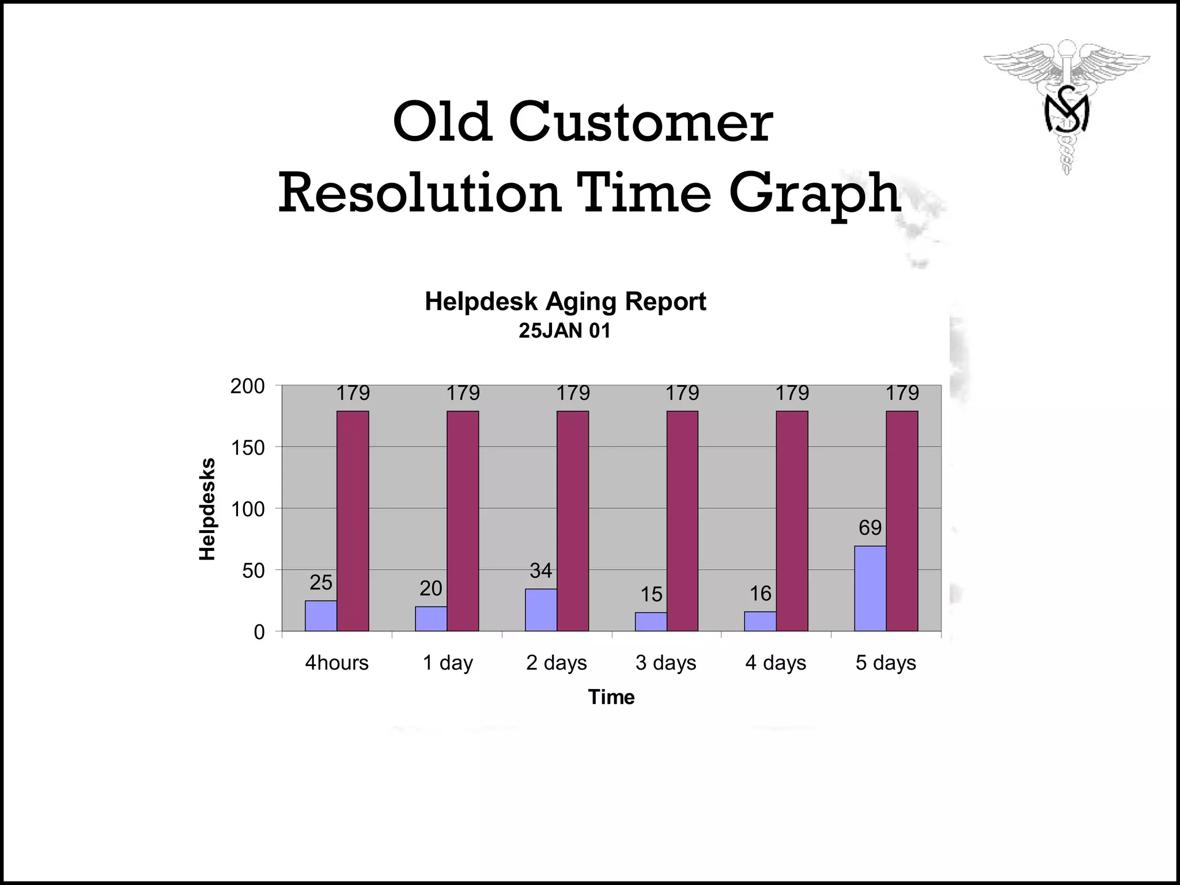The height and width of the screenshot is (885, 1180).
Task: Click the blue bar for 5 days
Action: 870,588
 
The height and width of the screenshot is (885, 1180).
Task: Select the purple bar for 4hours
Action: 353,521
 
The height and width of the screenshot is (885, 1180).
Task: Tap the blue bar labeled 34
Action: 540,610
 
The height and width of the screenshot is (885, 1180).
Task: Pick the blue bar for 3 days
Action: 650,622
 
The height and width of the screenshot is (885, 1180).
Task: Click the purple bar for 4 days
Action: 792,521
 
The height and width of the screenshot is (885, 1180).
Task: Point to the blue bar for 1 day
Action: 430,619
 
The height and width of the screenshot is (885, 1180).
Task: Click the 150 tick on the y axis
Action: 248,448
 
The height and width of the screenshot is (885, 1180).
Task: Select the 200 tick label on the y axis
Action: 248,386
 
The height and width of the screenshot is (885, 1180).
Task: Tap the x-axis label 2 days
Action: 556,663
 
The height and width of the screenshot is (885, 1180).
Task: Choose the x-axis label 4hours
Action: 336,663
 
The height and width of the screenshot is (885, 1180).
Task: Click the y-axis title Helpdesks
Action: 207,509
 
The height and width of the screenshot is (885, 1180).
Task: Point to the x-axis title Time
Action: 611,697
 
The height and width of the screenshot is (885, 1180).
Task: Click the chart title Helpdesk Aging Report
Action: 565,301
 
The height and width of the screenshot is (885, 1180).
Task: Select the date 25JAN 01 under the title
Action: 564,331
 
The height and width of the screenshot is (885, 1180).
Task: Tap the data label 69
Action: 870,528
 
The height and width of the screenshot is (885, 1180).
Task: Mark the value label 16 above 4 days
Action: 760,593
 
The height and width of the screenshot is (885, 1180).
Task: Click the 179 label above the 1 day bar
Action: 463,393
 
